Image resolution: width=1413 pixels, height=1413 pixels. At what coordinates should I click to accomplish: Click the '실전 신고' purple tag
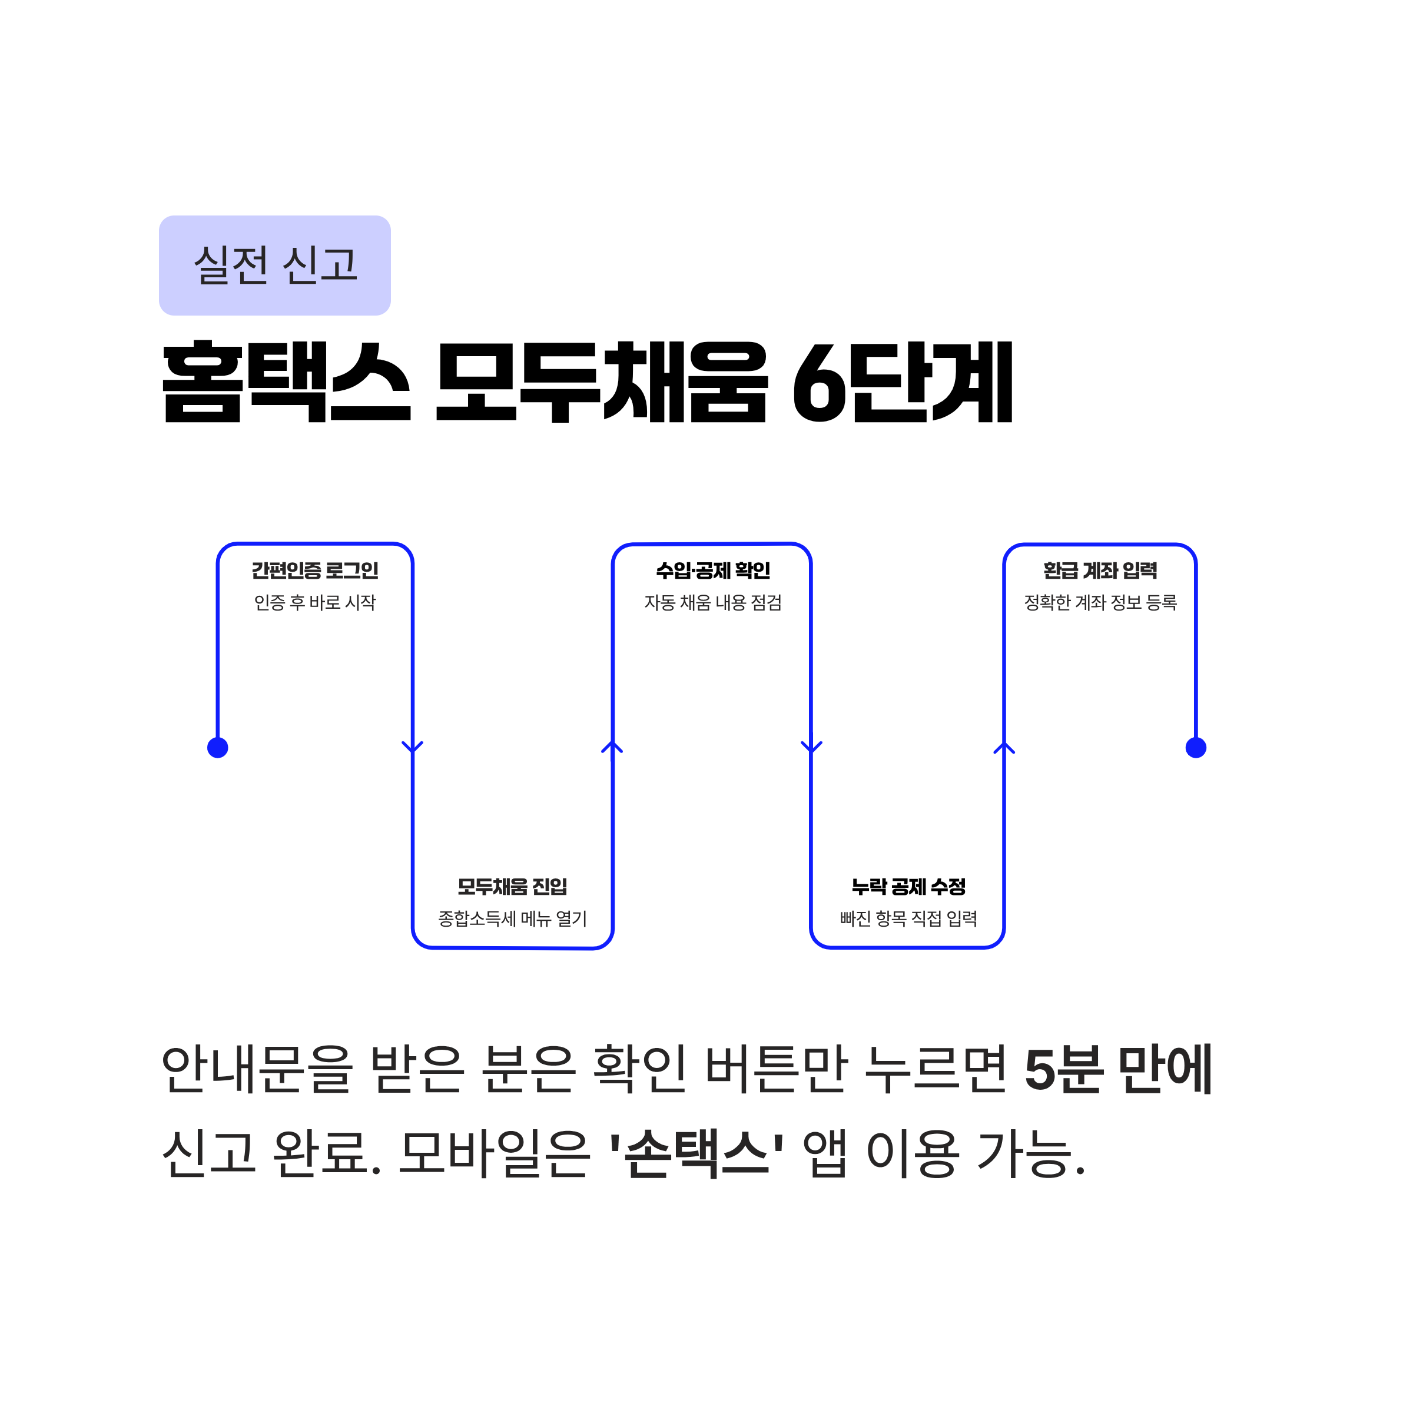(x=274, y=266)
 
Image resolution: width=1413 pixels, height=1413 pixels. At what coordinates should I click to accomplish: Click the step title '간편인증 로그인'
(x=314, y=570)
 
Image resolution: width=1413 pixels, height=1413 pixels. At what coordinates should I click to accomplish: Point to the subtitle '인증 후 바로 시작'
(x=314, y=603)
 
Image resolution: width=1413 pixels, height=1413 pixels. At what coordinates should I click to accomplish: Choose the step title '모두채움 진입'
(x=512, y=887)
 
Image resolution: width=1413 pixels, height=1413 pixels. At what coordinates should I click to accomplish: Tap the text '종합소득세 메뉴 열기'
(x=512, y=918)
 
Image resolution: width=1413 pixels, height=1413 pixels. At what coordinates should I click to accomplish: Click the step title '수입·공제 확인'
(x=712, y=570)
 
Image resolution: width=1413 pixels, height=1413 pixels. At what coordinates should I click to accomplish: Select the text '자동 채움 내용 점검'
(x=712, y=603)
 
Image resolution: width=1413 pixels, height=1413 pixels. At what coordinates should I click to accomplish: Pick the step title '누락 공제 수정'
(x=908, y=887)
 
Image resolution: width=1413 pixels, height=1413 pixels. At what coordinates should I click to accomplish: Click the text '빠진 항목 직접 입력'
(x=908, y=918)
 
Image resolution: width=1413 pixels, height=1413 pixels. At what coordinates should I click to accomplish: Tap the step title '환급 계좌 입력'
(x=1100, y=570)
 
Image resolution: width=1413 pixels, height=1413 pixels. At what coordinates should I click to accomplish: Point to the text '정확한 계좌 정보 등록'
(x=1100, y=603)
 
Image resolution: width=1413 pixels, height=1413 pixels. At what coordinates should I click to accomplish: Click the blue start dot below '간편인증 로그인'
(x=218, y=748)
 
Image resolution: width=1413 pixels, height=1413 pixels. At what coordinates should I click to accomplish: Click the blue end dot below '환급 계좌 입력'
(x=1196, y=748)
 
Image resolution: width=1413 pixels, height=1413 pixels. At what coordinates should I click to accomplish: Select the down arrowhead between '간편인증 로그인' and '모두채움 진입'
(x=413, y=747)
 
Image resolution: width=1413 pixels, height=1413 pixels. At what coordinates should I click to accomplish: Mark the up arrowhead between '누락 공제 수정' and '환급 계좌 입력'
(x=1004, y=748)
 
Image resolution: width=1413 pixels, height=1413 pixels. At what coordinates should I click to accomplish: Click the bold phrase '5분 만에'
(x=1118, y=1070)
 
